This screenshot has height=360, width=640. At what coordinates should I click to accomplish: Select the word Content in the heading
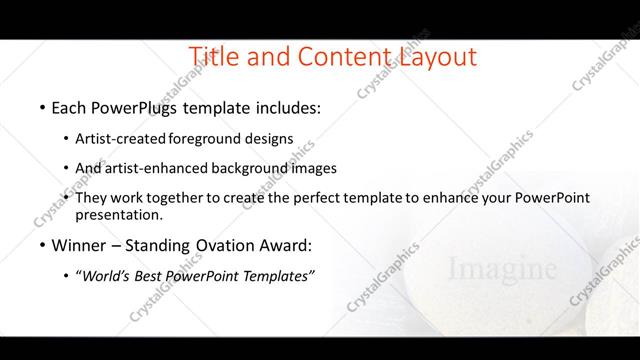[x=339, y=57]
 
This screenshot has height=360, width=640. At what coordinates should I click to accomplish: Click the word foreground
[x=212, y=139]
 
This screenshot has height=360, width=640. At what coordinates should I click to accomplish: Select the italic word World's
[x=105, y=276]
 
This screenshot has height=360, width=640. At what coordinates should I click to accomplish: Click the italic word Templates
[x=275, y=276]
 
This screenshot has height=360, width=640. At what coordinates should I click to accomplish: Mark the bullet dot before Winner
[x=42, y=246]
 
